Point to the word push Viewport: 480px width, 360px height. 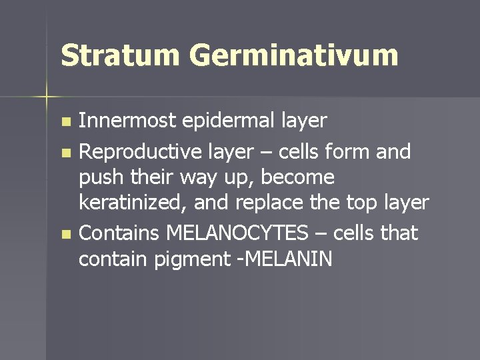[x=97, y=177]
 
